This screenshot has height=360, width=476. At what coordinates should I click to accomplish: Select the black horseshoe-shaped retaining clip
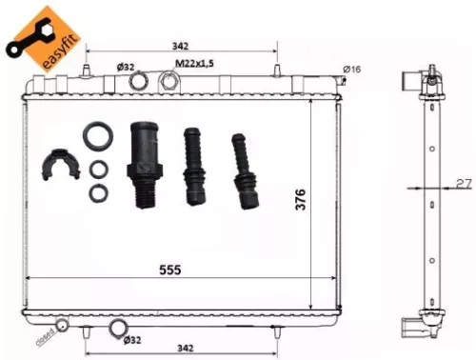pyautogui.click(x=60, y=168)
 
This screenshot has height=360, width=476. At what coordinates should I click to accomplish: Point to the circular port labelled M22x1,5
pyautogui.click(x=168, y=83)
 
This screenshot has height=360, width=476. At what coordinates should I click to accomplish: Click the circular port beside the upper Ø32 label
pyautogui.click(x=138, y=84)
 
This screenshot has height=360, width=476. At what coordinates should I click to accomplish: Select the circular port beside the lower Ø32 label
pyautogui.click(x=118, y=330)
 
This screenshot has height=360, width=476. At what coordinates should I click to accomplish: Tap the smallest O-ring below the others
pyautogui.click(x=97, y=193)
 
